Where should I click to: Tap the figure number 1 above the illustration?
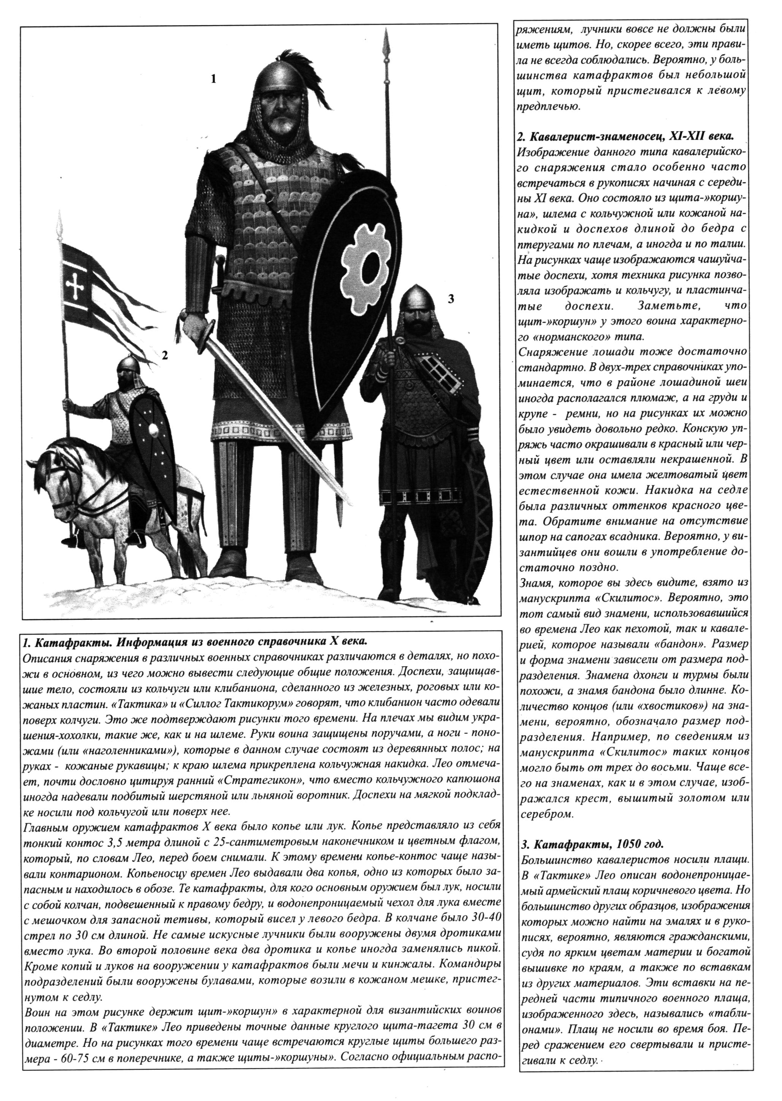pyautogui.click(x=213, y=79)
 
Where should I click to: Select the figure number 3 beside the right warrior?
pyautogui.click(x=451, y=299)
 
